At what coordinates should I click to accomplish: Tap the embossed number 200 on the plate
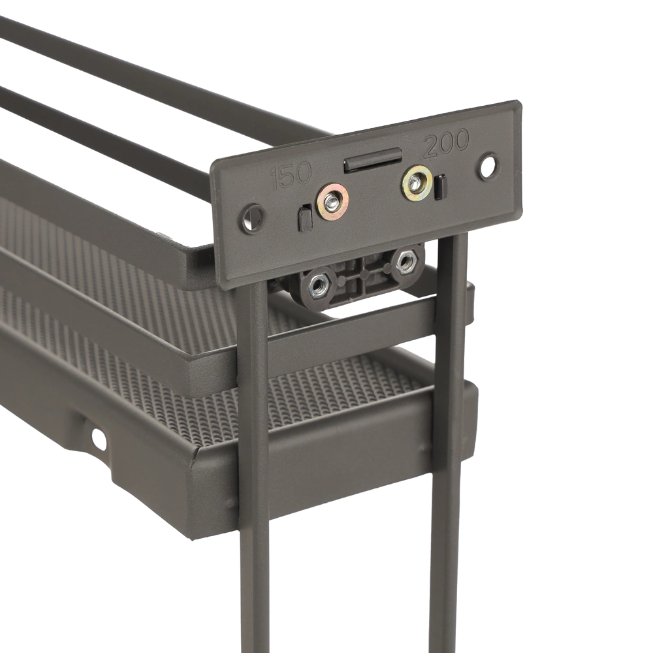pyautogui.click(x=446, y=143)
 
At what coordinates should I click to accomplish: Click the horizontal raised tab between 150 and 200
pyautogui.click(x=373, y=159)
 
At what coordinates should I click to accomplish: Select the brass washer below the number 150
pyautogui.click(x=332, y=202)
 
